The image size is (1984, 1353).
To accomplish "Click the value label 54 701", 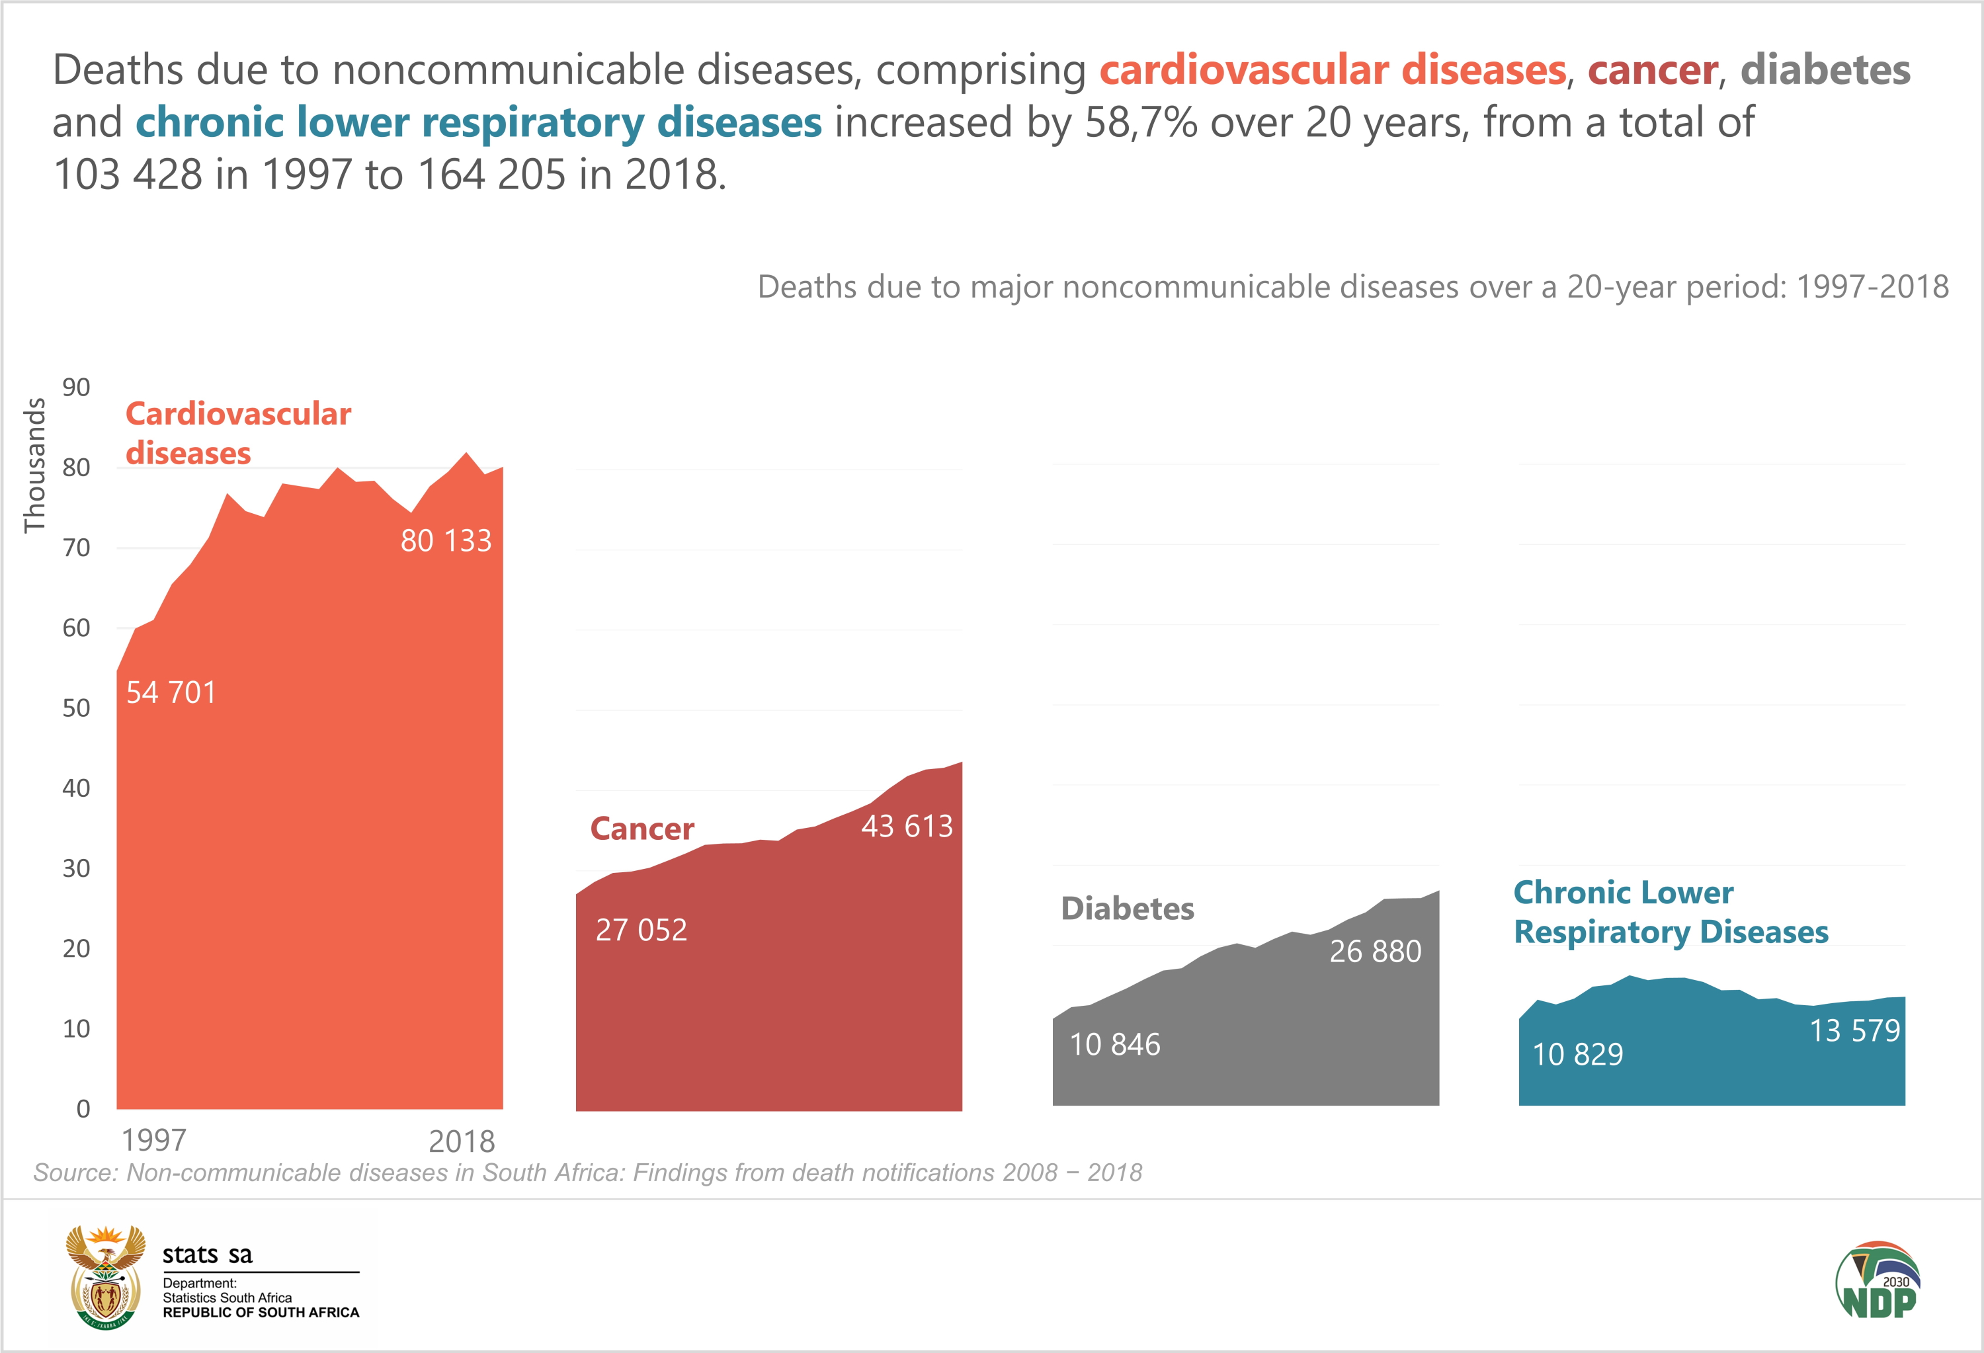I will tap(171, 692).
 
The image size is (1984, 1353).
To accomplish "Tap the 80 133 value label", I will tap(446, 541).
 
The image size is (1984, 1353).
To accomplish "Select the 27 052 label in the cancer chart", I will tap(640, 930).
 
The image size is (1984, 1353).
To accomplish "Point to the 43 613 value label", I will tap(907, 827).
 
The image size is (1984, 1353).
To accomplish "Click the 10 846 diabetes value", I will tap(1115, 1045).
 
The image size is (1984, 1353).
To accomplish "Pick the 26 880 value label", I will tap(1376, 952).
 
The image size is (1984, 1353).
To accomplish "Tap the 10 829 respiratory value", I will tap(1578, 1055).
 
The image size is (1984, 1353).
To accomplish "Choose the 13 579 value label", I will tap(1854, 1031).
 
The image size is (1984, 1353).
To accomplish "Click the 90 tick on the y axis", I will tap(76, 388).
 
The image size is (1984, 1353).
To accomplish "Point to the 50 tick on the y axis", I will tap(76, 708).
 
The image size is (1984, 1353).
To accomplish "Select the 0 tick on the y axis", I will tap(83, 1109).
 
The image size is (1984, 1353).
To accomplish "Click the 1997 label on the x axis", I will tap(153, 1141).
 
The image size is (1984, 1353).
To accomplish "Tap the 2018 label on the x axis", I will tap(461, 1142).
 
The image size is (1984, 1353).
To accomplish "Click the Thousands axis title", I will tap(34, 466).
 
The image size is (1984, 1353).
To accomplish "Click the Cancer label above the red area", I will tap(642, 829).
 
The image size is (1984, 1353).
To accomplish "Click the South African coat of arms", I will tap(106, 1277).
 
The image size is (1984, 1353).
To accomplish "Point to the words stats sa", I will tap(208, 1255).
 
